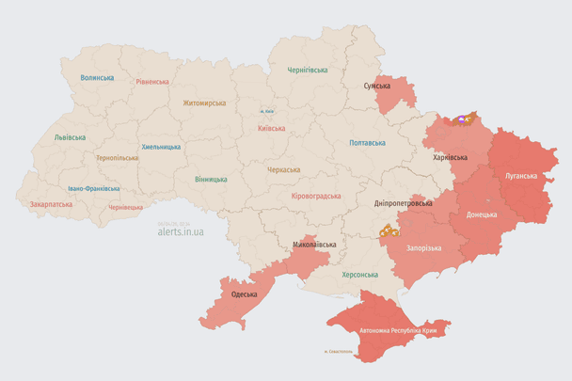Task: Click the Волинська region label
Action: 97,78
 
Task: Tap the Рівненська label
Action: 152,82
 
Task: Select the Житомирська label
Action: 204,103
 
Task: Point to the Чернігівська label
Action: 308,70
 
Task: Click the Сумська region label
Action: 376,86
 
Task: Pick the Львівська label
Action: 70,137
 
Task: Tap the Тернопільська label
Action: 117,157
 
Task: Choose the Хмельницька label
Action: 161,147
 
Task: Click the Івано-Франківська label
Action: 93,188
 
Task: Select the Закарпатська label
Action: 51,203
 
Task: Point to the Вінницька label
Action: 211,179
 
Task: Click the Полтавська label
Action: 367,143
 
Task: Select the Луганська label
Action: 521,175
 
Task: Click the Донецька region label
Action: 482,214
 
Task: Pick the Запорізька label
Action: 423,246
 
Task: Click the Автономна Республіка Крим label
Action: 398,331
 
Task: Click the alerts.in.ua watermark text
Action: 181,230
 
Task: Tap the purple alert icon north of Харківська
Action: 460,120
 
